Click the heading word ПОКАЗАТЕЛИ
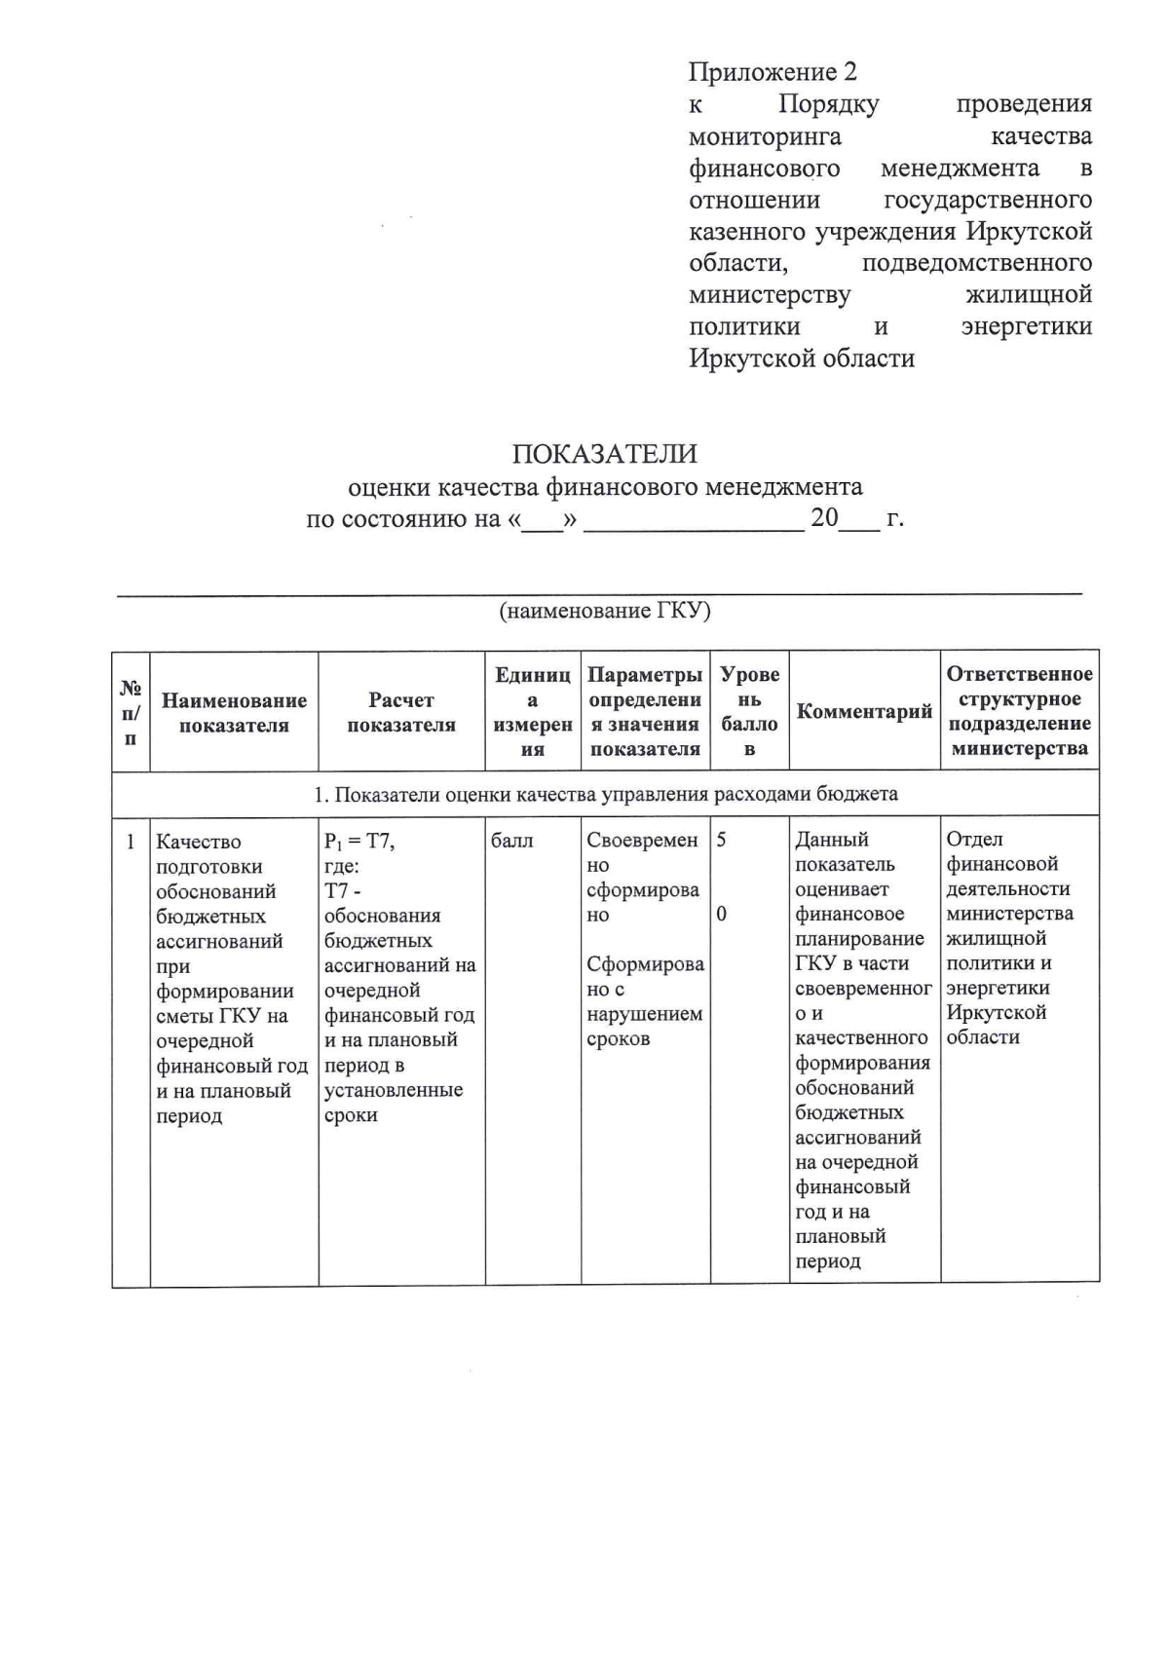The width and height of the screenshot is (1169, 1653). coord(605,454)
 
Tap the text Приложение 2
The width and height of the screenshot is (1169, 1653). coord(773,72)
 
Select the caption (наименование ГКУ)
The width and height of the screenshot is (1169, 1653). coord(605,611)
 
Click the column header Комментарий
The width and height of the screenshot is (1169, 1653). coord(864,711)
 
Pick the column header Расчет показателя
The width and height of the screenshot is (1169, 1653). coord(401,712)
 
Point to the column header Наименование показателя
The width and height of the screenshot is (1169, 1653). coord(234,712)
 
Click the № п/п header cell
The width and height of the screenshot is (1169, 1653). coord(131,712)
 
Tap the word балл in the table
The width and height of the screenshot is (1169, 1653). coord(512,841)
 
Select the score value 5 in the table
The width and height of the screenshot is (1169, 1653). coord(722,840)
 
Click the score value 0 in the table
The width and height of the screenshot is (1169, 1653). coord(722,914)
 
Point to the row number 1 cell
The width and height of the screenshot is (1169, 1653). coord(131,841)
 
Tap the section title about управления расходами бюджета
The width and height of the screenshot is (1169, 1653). coord(605,794)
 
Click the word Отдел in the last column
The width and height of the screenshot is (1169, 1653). coord(974,839)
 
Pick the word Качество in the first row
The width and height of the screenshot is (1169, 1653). coord(199,842)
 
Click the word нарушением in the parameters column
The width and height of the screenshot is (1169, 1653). coord(644,1014)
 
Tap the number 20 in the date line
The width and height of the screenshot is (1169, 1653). coord(824,518)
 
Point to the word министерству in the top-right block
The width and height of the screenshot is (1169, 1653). coord(770,295)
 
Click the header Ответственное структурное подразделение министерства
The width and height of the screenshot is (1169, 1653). coord(1019,711)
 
